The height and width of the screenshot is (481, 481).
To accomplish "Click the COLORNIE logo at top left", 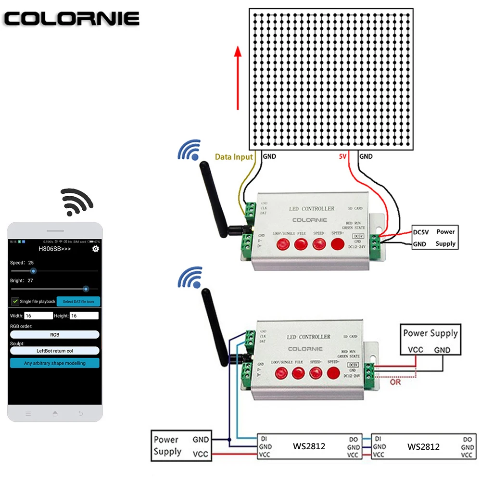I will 72,19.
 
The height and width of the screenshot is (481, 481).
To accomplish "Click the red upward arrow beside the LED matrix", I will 238,79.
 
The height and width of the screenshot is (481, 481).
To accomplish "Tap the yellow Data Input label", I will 234,156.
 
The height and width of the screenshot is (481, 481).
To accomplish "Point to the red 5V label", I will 342,156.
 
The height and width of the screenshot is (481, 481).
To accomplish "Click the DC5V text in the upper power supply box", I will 421,232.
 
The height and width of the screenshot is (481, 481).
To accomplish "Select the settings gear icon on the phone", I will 96,249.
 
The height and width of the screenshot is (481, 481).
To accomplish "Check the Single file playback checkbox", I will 15,302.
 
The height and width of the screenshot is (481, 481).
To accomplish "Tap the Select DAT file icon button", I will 78,302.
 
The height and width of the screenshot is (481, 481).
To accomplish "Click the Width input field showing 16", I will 38,316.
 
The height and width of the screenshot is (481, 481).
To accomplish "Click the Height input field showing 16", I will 84,316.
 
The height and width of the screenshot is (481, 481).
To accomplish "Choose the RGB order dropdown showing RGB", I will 54,334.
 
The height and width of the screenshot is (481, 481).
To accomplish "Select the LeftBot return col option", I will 54,351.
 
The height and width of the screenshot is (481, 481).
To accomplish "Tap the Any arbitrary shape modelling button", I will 54,363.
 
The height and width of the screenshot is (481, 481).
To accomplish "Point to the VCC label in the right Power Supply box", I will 415,350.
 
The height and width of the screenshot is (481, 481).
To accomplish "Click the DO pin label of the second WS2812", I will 467,439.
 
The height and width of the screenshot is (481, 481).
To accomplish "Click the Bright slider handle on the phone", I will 86,289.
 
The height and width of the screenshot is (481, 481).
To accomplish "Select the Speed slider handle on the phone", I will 33,271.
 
